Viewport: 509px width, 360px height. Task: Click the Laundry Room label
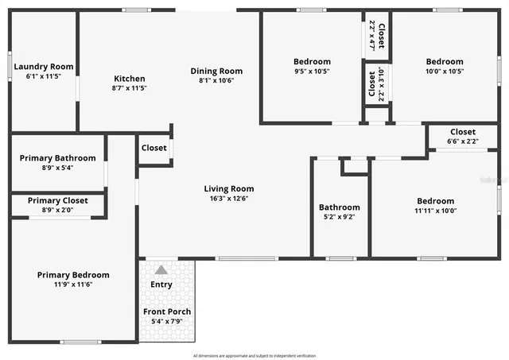pyautogui.click(x=44, y=67)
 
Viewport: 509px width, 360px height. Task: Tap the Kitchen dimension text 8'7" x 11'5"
pyautogui.click(x=129, y=89)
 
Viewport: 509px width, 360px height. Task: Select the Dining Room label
pyautogui.click(x=216, y=71)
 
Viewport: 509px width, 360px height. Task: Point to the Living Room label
pyautogui.click(x=229, y=188)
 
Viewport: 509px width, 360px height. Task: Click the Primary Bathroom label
pyautogui.click(x=57, y=158)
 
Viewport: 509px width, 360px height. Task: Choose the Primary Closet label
pyautogui.click(x=57, y=200)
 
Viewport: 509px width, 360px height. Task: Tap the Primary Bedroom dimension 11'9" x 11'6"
pyautogui.click(x=73, y=285)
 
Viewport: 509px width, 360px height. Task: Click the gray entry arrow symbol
pyautogui.click(x=161, y=269)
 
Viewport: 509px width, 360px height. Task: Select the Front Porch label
pyautogui.click(x=166, y=311)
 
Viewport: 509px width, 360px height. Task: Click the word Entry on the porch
pyautogui.click(x=161, y=285)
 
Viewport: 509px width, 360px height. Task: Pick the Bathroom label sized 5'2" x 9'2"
pyautogui.click(x=340, y=207)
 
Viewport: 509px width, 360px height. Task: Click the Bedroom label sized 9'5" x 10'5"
pyautogui.click(x=312, y=61)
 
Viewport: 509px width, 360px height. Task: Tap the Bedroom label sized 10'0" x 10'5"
pyautogui.click(x=444, y=61)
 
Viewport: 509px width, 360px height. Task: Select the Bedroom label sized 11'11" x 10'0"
pyautogui.click(x=434, y=201)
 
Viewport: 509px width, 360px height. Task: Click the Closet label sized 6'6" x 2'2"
pyautogui.click(x=463, y=131)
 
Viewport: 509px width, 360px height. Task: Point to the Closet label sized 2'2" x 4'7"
pyautogui.click(x=382, y=36)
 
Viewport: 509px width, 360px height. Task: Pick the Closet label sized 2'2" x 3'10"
pyautogui.click(x=371, y=86)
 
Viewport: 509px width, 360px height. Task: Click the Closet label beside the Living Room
pyautogui.click(x=153, y=148)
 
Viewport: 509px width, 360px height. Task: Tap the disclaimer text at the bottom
pyautogui.click(x=254, y=355)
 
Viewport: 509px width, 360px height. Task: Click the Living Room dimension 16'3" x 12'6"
pyautogui.click(x=229, y=199)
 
